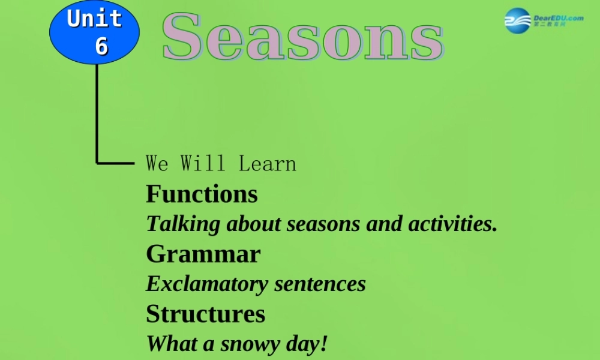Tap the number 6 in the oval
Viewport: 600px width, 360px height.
101,46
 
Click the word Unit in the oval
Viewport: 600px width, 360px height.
94,19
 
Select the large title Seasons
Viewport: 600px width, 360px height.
302,37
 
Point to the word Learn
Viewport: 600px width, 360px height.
267,163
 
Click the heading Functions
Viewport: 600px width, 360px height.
202,194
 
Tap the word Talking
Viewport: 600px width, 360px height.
184,224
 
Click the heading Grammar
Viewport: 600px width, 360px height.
203,254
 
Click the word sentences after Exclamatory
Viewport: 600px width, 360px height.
320,284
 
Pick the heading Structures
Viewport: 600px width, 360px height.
205,314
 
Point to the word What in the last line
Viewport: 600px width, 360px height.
170,344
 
